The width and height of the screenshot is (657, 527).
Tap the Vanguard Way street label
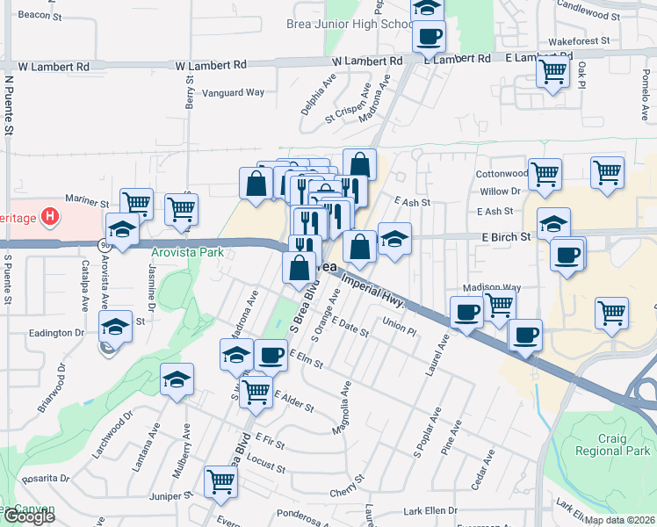pyautogui.click(x=234, y=92)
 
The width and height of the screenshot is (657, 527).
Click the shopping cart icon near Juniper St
pyautogui.click(x=220, y=480)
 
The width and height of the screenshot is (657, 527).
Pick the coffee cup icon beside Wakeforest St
pyautogui.click(x=430, y=36)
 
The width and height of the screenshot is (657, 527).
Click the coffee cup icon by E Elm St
pyautogui.click(x=271, y=355)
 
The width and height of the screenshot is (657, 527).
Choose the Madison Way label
pyautogui.click(x=492, y=287)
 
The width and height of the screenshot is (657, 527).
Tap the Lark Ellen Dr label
pyautogui.click(x=430, y=510)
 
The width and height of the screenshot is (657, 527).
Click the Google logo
pyautogui.click(x=29, y=516)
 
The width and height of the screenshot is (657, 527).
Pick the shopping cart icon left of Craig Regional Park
pyautogui.click(x=611, y=312)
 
